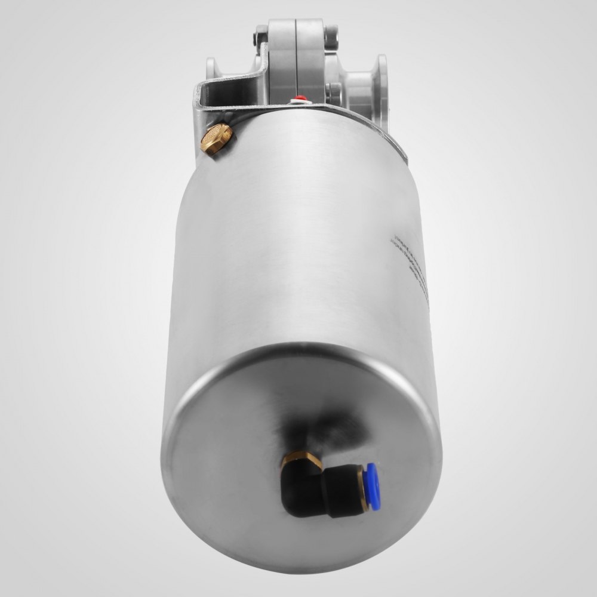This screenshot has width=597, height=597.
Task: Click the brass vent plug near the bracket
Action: coord(217,139)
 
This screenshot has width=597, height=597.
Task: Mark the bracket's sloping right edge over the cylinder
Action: coord(376,131)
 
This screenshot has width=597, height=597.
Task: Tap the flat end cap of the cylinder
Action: coord(298,442)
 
